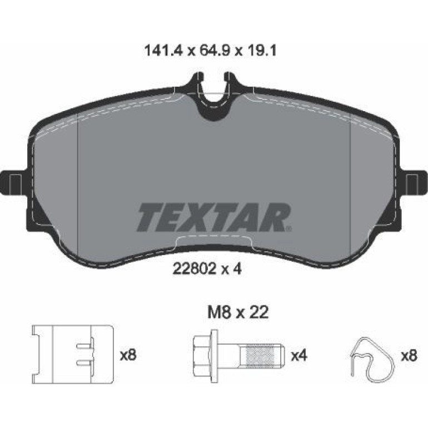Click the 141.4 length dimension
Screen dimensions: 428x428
click(163, 51)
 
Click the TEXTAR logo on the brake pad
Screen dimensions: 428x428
click(214, 217)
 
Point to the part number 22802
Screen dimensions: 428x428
click(195, 269)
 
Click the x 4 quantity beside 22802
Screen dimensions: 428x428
click(231, 269)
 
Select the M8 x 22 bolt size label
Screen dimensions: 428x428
click(238, 312)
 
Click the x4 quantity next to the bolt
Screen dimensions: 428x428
click(299, 356)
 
